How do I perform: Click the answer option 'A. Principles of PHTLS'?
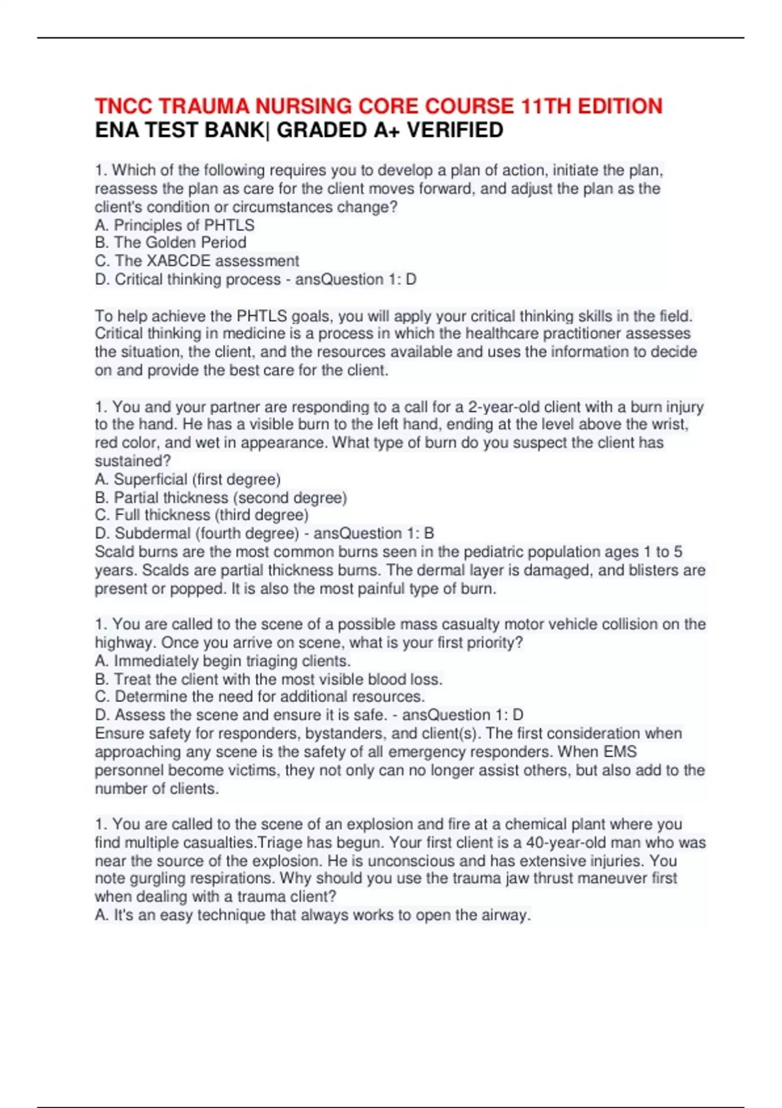tap(175, 225)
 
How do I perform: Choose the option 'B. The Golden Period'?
tap(171, 242)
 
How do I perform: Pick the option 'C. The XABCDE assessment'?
tap(197, 261)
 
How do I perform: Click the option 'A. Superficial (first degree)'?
tap(188, 479)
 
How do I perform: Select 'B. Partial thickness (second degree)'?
tap(221, 497)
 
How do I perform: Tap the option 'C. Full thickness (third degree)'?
tap(202, 515)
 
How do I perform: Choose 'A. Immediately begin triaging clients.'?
tap(223, 661)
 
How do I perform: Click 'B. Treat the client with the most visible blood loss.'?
tap(268, 679)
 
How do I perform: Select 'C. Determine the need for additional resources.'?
tap(260, 697)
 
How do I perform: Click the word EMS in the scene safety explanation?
tap(620, 751)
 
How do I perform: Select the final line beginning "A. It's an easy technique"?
tap(313, 915)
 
